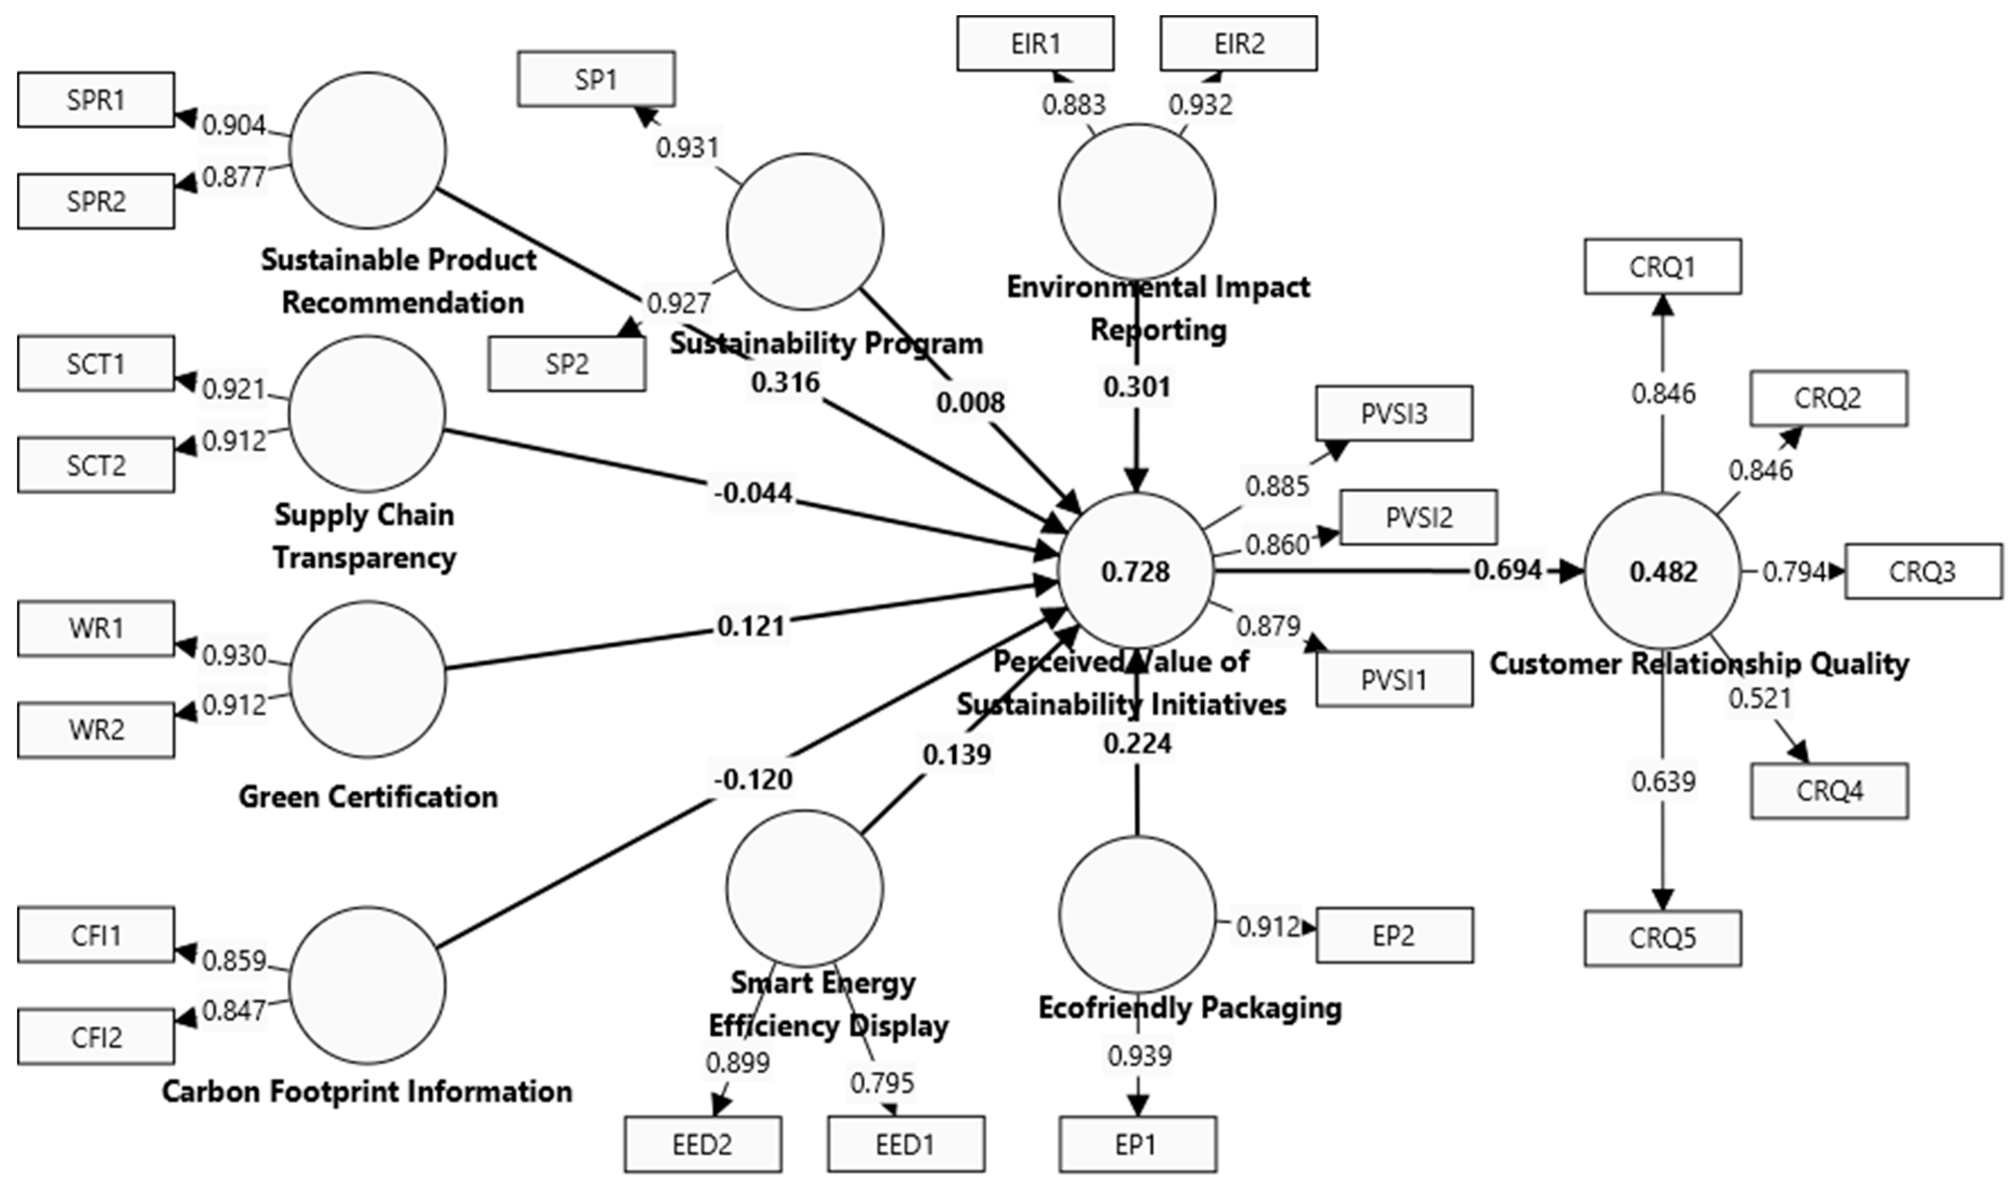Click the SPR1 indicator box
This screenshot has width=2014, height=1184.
(96, 100)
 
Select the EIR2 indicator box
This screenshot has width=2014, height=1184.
(1238, 43)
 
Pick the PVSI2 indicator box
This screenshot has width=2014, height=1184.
(1418, 517)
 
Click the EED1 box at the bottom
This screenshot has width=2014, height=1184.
(905, 1144)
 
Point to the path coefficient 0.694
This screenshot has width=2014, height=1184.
(1507, 570)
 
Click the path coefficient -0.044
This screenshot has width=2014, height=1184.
(753, 493)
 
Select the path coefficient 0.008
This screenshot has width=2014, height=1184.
(970, 402)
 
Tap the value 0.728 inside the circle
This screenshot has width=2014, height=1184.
(1135, 571)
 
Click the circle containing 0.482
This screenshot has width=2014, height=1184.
(1663, 571)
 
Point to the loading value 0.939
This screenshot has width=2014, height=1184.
(1139, 1056)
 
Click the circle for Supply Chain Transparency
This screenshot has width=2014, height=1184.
(367, 413)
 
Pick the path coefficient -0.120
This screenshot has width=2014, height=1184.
(753, 779)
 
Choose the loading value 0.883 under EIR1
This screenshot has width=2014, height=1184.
(1073, 104)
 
